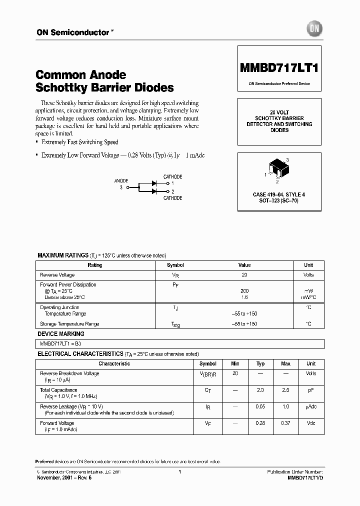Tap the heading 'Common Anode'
pos(81,74)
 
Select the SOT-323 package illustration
pos(278,170)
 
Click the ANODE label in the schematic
pos(121,181)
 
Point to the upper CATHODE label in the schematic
pos(173,176)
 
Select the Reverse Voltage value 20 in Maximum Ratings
pos(244,275)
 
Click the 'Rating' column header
pos(95,265)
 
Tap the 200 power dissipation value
pos(244,290)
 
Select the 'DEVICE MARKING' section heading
pos(61,334)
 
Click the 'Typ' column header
pos(260,364)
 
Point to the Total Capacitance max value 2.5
pos(285,390)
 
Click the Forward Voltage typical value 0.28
pos(260,423)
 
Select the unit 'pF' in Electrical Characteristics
pos(311,390)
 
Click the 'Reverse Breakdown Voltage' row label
pos(69,373)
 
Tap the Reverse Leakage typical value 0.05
pos(260,407)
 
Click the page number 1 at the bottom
pos(179,472)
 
